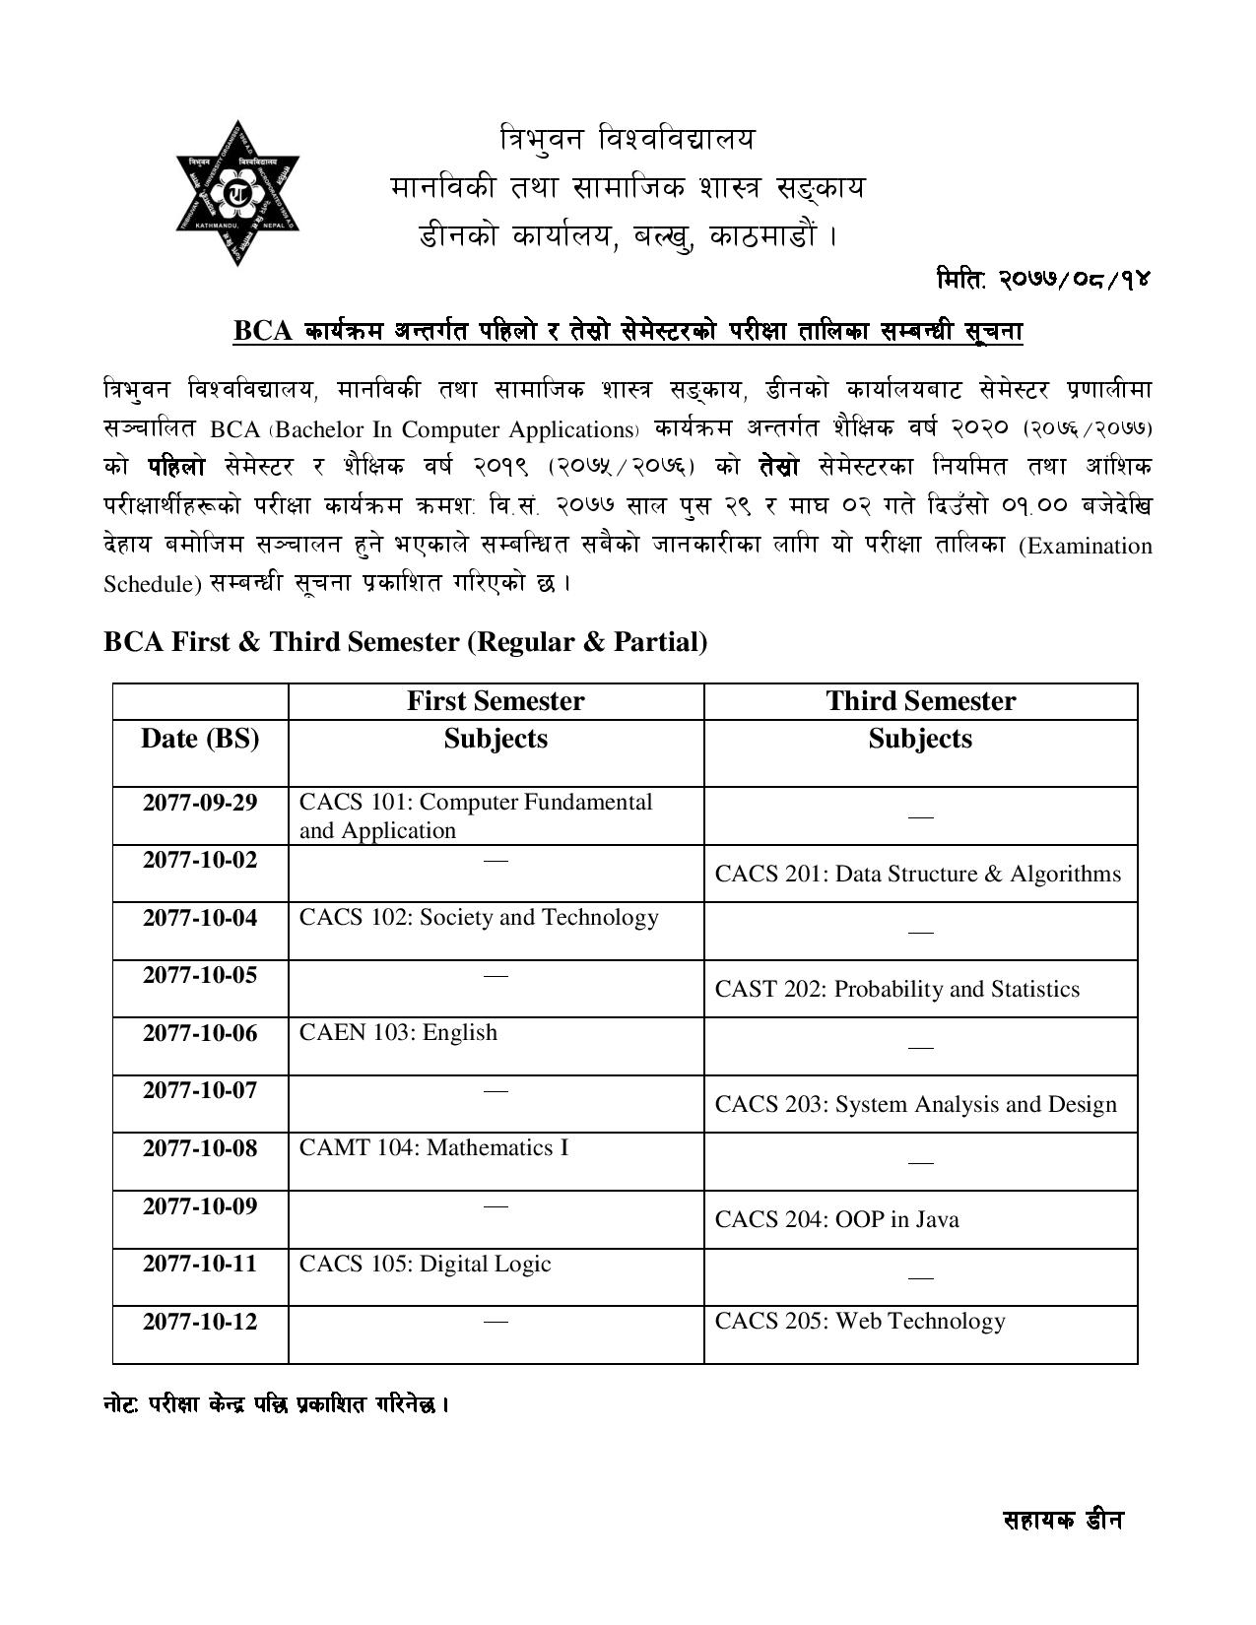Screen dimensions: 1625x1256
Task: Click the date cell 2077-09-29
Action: point(200,803)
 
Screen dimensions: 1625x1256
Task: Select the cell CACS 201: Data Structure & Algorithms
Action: point(918,874)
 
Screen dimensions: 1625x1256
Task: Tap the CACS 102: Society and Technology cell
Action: point(479,918)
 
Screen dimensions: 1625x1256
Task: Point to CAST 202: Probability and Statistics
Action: point(897,989)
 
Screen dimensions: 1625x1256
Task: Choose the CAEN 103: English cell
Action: point(398,1033)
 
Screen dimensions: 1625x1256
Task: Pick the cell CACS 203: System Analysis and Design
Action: point(916,1104)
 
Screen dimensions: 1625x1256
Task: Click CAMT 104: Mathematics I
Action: point(433,1148)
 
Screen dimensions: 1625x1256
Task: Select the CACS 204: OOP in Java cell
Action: point(837,1219)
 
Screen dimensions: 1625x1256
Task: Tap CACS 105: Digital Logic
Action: point(425,1264)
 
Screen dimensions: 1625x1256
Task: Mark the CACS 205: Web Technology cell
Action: point(860,1322)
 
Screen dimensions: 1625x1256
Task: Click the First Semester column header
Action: point(496,701)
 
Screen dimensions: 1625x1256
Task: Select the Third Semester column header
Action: point(920,701)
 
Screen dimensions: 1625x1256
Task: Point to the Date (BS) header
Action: point(200,739)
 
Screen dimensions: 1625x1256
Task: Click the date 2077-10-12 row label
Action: point(200,1322)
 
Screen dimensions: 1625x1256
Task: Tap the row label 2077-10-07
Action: point(200,1090)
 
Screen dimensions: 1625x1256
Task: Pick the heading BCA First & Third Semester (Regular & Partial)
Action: point(405,642)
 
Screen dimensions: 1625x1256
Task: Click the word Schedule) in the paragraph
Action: point(152,584)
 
